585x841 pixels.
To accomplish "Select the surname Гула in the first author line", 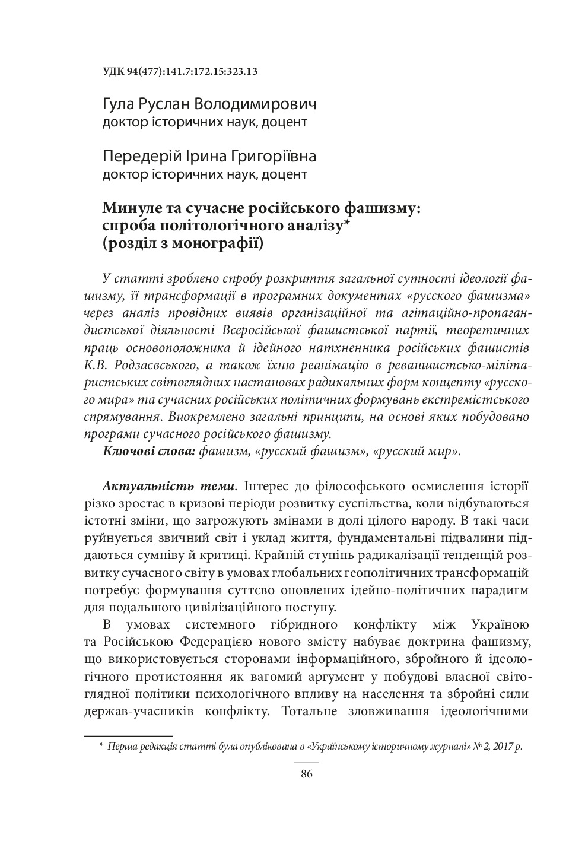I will tap(119, 105).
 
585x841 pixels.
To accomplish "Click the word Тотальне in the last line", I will tap(309, 710).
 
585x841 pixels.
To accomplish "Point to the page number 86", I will tap(306, 773).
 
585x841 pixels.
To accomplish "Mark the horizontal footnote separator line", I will tap(128, 735).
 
